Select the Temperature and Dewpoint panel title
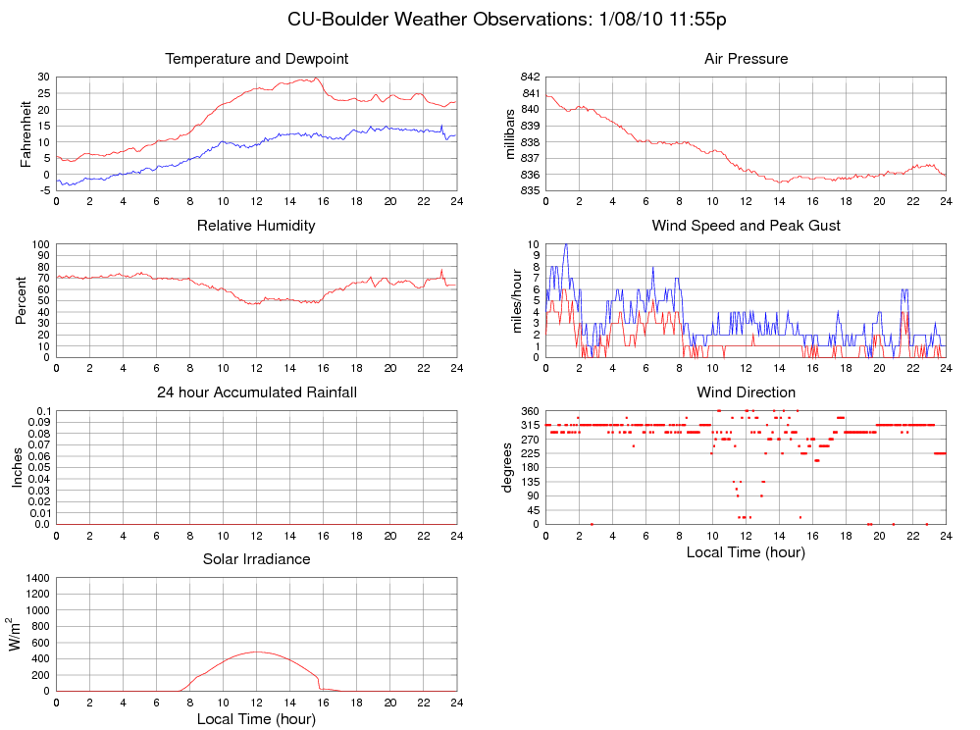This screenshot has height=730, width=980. (257, 59)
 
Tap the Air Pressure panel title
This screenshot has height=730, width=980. (746, 59)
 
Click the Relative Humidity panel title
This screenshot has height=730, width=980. (256, 226)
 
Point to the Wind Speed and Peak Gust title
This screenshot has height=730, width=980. (746, 226)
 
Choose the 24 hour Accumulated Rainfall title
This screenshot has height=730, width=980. (257, 392)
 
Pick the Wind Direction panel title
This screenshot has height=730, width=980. (746, 392)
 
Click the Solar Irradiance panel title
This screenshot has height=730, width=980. (256, 559)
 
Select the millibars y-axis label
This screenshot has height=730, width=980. (510, 133)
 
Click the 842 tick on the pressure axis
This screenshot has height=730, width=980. (529, 77)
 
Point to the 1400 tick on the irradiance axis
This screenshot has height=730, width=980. (35, 579)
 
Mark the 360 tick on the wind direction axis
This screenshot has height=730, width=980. (529, 411)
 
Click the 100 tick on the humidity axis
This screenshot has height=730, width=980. (39, 244)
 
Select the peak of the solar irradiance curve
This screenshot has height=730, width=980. (257, 652)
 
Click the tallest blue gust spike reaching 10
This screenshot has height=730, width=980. (565, 245)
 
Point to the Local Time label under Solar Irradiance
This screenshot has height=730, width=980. (256, 719)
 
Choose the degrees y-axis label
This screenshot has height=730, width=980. (508, 467)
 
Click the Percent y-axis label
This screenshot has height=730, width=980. (21, 300)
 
